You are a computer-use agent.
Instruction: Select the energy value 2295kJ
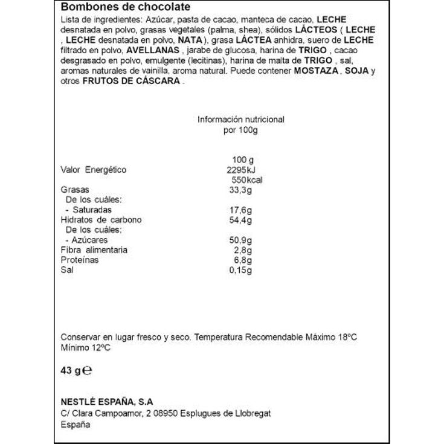point(241,170)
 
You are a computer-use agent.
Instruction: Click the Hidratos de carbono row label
point(101,220)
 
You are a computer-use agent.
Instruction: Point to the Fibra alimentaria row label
point(94,250)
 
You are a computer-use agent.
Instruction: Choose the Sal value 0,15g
point(240,270)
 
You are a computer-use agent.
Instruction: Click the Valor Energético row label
point(94,170)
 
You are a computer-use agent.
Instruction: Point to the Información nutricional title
point(241,120)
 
